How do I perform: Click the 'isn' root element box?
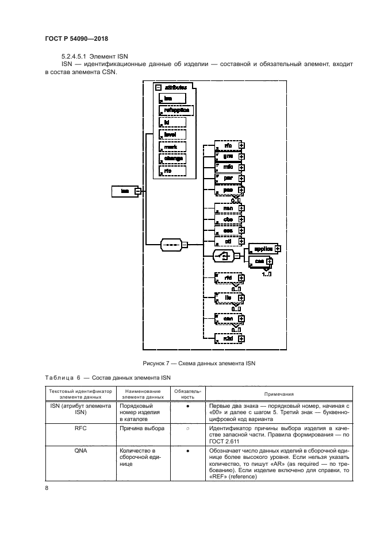click(124, 191)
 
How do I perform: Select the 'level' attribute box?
click(172, 134)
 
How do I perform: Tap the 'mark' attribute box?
click(172, 146)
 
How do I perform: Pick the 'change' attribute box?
click(172, 159)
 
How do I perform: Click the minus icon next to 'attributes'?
click(159, 87)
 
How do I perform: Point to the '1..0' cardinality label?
click(267, 275)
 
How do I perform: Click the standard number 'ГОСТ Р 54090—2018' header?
click(76, 38)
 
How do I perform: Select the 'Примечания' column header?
click(279, 394)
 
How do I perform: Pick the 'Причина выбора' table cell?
click(141, 428)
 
